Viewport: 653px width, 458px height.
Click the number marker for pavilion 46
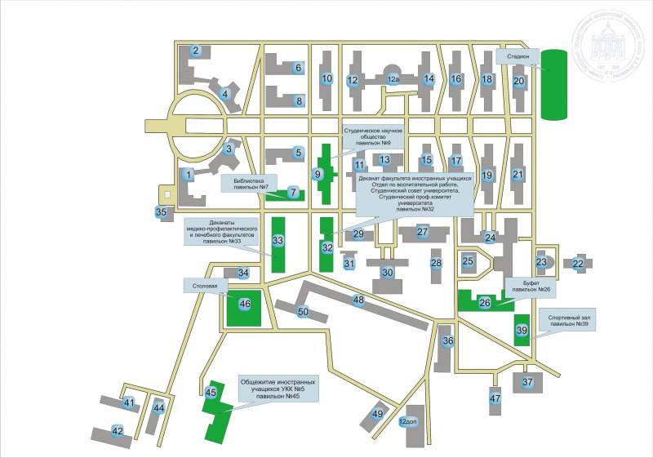click(245, 304)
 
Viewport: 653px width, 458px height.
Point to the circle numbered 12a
click(393, 79)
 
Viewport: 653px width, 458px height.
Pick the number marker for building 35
click(161, 213)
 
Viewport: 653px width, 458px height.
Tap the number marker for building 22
click(578, 264)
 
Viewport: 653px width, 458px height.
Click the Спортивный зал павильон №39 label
click(571, 320)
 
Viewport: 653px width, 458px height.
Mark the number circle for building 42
click(118, 430)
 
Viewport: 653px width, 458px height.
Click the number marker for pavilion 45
click(211, 394)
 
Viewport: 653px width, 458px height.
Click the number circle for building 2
click(196, 51)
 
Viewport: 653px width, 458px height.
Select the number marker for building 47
click(495, 398)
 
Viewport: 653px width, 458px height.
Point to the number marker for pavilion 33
click(278, 241)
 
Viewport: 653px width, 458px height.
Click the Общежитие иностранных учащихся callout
click(277, 389)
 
